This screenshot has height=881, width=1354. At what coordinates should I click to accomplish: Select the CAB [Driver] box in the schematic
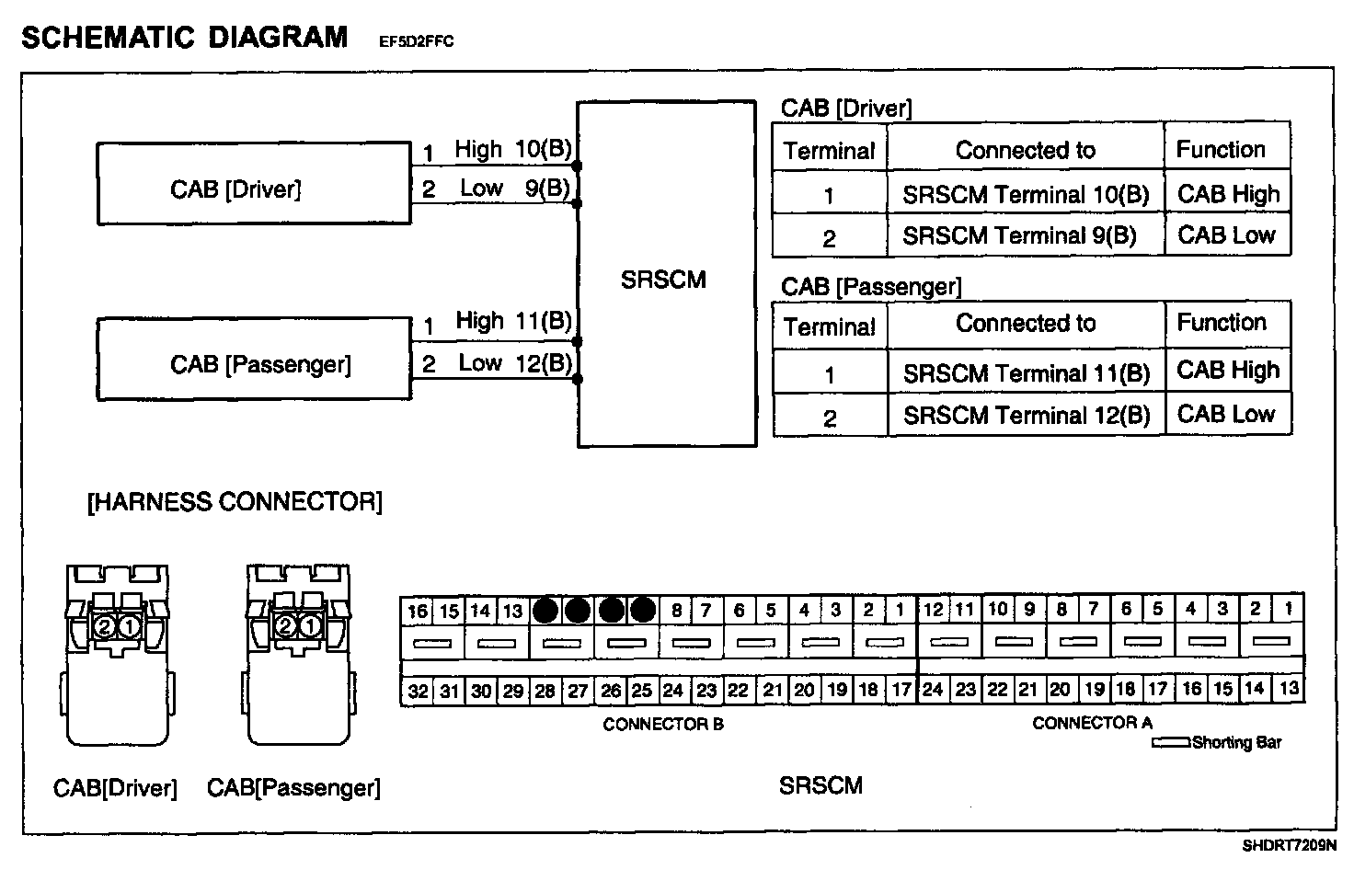pyautogui.click(x=253, y=184)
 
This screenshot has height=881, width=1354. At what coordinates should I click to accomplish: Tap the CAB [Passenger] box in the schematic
pyautogui.click(x=253, y=360)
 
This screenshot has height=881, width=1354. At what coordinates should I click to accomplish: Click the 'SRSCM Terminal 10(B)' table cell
pyautogui.click(x=1025, y=195)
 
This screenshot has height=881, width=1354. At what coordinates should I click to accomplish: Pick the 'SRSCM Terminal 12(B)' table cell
pyautogui.click(x=1026, y=416)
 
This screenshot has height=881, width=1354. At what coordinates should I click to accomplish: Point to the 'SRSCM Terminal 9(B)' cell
pyautogui.click(x=1019, y=236)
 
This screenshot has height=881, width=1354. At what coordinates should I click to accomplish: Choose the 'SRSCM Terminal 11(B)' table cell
pyautogui.click(x=1026, y=373)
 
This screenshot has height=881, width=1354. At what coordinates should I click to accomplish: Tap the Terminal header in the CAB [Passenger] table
pyautogui.click(x=829, y=326)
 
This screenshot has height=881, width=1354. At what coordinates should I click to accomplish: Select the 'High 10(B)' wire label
pyautogui.click(x=513, y=149)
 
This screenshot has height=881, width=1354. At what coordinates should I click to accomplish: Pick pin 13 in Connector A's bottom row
pyautogui.click(x=1289, y=688)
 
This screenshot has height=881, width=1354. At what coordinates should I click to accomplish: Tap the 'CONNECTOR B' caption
pyautogui.click(x=662, y=725)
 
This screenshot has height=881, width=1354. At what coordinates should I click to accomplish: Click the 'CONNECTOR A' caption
pyautogui.click(x=1092, y=724)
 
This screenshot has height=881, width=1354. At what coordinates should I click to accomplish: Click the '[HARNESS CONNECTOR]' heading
pyautogui.click(x=235, y=502)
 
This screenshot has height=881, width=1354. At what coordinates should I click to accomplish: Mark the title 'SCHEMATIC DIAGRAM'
pyautogui.click(x=184, y=37)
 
